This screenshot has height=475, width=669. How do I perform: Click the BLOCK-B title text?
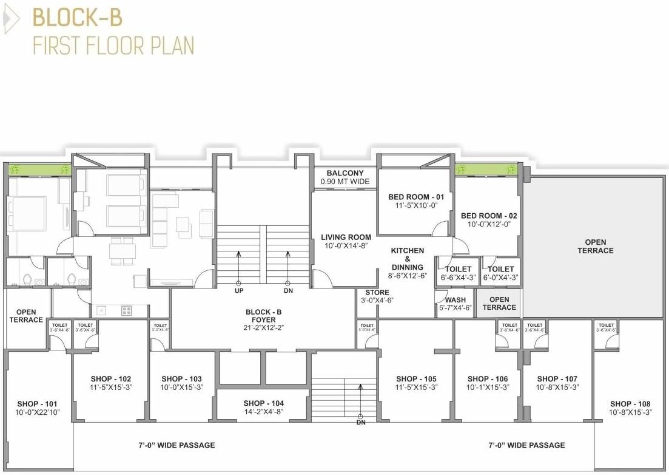(77, 18)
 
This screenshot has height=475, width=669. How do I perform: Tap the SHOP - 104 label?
(263, 403)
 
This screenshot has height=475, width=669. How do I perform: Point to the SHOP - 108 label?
(630, 404)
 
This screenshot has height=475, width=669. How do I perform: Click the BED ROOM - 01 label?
(416, 197)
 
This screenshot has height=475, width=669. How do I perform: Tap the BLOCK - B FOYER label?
(264, 312)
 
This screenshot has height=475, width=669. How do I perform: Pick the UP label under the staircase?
(238, 291)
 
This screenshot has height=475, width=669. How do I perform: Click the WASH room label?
(456, 300)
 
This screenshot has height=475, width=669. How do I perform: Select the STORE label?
(377, 293)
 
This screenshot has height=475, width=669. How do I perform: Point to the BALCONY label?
(345, 173)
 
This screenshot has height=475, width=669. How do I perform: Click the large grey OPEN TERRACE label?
(595, 246)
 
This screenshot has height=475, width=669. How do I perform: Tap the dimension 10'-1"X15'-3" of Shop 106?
(488, 388)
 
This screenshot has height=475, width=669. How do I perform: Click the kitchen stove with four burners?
(127, 310)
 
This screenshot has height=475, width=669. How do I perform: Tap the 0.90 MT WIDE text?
(345, 182)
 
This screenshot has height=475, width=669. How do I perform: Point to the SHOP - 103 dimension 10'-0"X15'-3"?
(181, 388)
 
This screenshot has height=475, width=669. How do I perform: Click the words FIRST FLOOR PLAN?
(113, 46)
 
